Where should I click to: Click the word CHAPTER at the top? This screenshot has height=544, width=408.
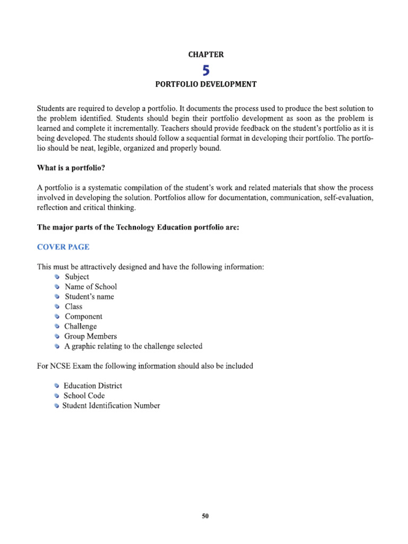[x=206, y=55]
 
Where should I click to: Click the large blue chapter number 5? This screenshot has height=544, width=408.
[x=206, y=70]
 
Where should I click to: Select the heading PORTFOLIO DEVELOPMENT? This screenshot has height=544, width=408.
[x=206, y=84]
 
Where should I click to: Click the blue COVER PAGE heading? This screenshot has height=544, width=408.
[x=63, y=247]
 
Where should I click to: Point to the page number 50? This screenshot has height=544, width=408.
[x=206, y=516]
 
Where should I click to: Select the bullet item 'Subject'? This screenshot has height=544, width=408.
[x=77, y=277]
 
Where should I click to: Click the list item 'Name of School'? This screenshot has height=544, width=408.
[x=91, y=287]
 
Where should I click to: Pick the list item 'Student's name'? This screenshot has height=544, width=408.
[x=89, y=296]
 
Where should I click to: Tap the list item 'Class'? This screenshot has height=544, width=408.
[x=74, y=307]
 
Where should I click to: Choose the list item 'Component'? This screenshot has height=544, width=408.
[x=83, y=317]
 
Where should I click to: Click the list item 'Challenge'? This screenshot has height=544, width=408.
[x=81, y=326]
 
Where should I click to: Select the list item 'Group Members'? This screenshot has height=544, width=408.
[x=91, y=336]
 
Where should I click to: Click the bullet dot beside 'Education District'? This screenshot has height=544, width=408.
[x=57, y=386]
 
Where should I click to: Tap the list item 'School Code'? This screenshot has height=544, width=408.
[x=84, y=396]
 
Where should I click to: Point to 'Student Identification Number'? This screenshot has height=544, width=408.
[x=111, y=406]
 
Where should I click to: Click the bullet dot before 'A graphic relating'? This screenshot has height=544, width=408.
[x=57, y=346]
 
